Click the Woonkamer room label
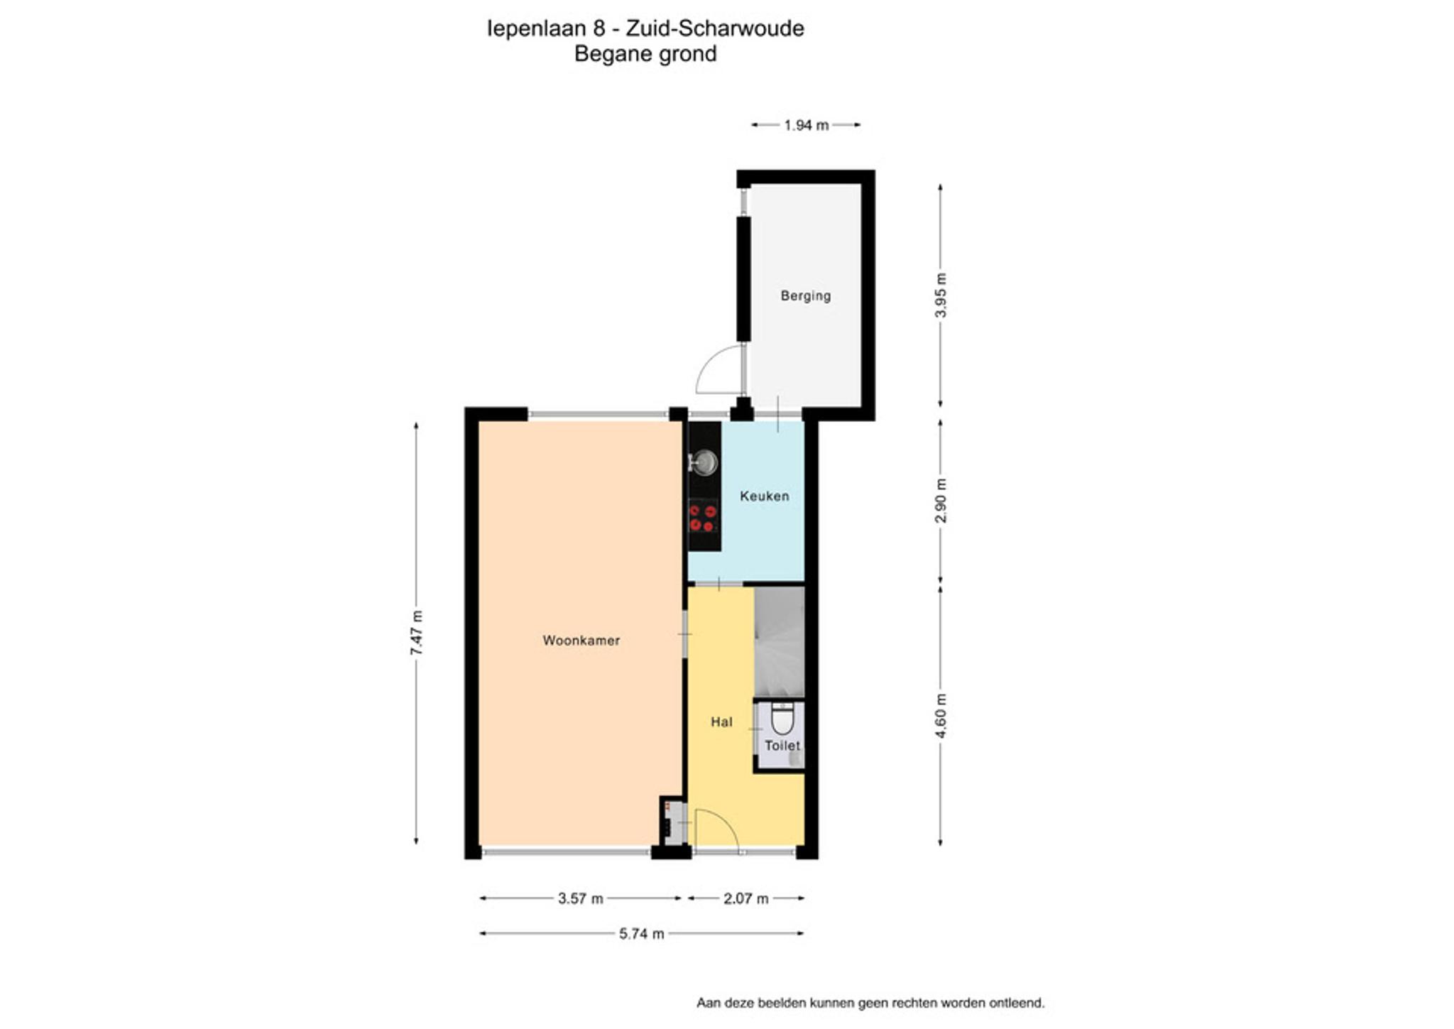[581, 641]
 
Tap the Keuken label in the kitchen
[764, 496]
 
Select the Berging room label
[805, 295]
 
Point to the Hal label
[721, 722]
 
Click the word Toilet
[782, 746]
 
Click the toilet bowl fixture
[782, 718]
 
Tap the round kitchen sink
[704, 462]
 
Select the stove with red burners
[704, 517]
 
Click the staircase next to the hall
[779, 641]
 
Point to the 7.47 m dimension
[416, 633]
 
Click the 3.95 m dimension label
[941, 295]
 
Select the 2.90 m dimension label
[941, 500]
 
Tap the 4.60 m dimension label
[941, 715]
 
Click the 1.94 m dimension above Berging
[806, 125]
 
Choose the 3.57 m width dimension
[580, 898]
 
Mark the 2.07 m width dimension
[745, 898]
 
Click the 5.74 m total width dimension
[641, 933]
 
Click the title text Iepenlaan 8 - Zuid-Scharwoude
[645, 28]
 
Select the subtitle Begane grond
[645, 54]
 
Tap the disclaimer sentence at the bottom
[870, 1003]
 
